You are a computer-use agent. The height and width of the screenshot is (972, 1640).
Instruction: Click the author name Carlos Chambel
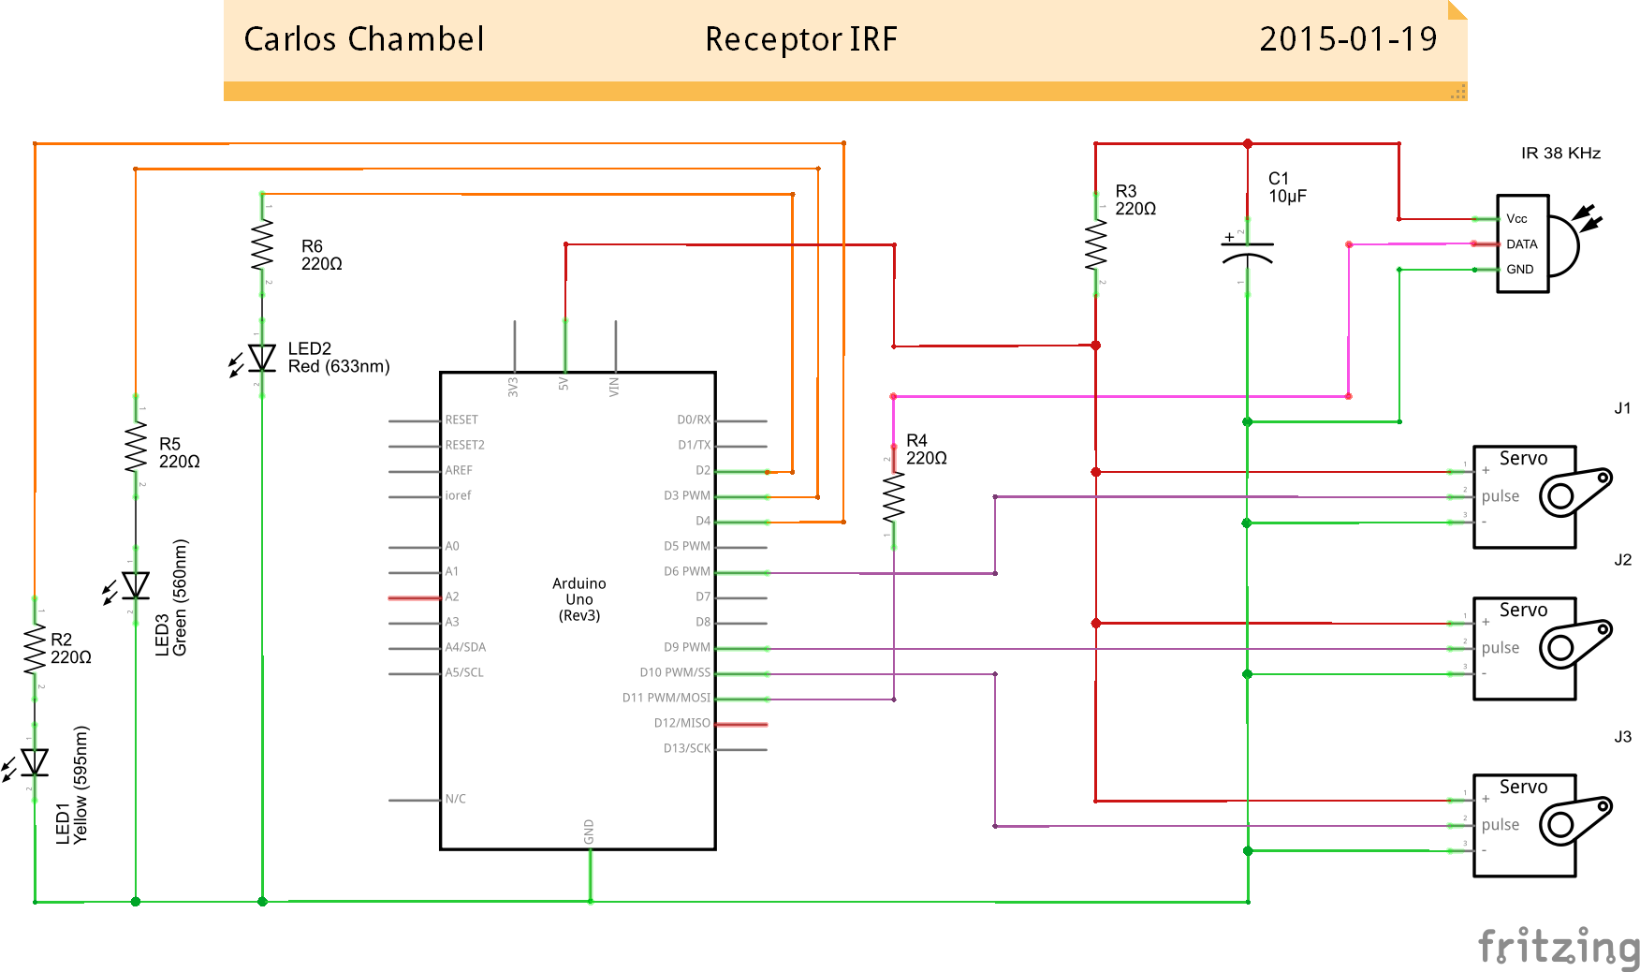coord(363,39)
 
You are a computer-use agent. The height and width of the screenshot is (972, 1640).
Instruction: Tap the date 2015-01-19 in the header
coord(1347,39)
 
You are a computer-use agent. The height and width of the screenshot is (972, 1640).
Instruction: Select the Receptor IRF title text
coord(800,39)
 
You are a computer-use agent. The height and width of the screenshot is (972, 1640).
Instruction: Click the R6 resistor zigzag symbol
coord(262,245)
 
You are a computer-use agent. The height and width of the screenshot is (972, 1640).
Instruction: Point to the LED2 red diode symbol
coord(262,358)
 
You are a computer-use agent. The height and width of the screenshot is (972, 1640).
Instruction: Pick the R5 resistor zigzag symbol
coord(136,448)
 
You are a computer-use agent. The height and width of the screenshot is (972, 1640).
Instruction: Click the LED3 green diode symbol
coord(136,585)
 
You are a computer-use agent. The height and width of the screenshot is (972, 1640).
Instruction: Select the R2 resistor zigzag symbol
coord(35,649)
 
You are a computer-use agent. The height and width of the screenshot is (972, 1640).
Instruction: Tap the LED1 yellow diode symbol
coord(35,762)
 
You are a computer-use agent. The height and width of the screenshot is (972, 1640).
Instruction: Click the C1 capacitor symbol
coord(1247,250)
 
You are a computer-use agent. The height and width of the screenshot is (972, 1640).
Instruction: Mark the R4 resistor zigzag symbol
coord(894,496)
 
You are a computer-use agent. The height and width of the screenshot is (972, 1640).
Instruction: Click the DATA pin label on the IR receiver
coord(1521,244)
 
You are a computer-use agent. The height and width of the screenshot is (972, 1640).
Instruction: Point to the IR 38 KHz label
coord(1560,154)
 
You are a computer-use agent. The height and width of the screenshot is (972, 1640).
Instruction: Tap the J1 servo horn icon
coord(1575,493)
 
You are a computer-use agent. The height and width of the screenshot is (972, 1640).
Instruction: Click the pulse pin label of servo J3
coord(1500,825)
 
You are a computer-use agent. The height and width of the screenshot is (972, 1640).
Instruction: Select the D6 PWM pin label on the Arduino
coord(687,571)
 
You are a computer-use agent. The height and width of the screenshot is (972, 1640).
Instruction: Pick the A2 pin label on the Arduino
coord(452,596)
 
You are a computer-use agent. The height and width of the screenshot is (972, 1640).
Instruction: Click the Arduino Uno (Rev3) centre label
coord(578,599)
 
